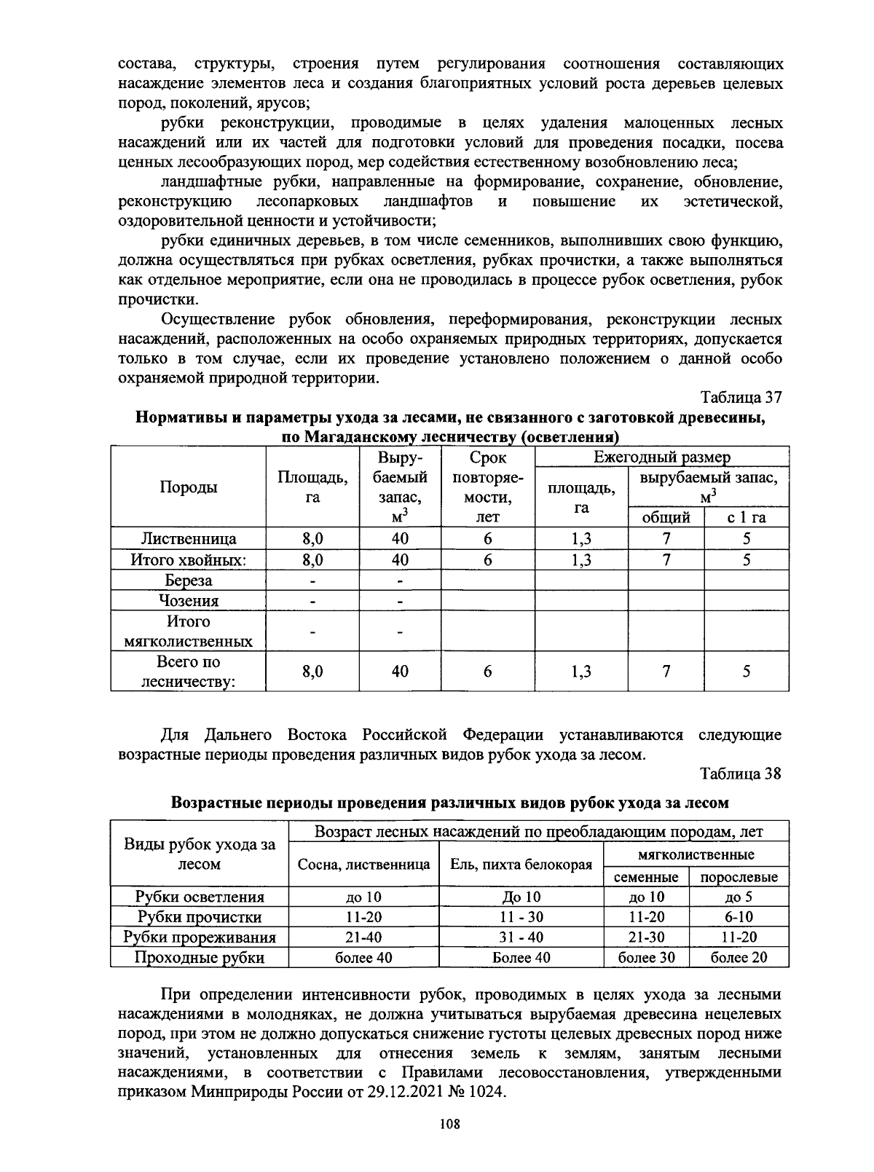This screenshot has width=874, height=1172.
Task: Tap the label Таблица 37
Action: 741,398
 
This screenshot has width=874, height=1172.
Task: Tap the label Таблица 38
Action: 741,774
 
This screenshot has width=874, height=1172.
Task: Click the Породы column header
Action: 188,487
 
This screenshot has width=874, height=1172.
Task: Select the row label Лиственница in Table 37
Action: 188,539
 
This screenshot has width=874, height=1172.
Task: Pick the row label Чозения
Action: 188,601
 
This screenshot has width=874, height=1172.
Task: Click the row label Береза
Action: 188,581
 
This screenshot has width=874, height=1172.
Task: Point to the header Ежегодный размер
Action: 661,457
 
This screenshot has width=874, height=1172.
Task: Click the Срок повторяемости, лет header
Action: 487,487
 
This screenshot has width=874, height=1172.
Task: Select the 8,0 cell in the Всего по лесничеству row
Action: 312,672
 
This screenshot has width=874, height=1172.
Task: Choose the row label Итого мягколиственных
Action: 188,632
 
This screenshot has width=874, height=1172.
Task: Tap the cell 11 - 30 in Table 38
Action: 521,917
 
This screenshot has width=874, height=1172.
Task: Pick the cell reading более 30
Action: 646,957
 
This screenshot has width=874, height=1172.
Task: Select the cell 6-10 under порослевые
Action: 739,917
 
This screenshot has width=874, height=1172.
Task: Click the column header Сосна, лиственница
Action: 363,865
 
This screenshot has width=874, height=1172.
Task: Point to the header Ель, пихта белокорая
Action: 521,865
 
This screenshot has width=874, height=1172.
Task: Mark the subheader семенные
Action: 646,877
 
